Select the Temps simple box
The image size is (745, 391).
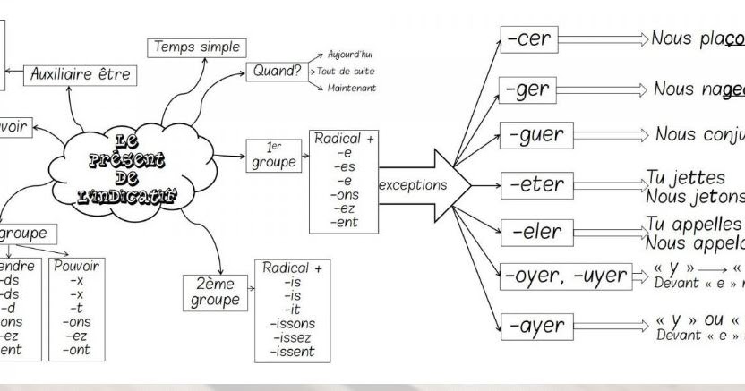coord(198,47)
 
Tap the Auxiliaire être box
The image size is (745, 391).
coord(81,75)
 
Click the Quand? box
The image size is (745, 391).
coord(274,71)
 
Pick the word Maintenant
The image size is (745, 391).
coord(351,88)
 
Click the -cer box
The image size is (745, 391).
coord(529,39)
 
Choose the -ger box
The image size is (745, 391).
coord(529,90)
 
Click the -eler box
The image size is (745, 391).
coord(536,233)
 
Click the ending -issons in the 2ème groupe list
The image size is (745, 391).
coord(293,323)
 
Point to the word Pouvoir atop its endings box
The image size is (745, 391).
coord(77,266)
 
